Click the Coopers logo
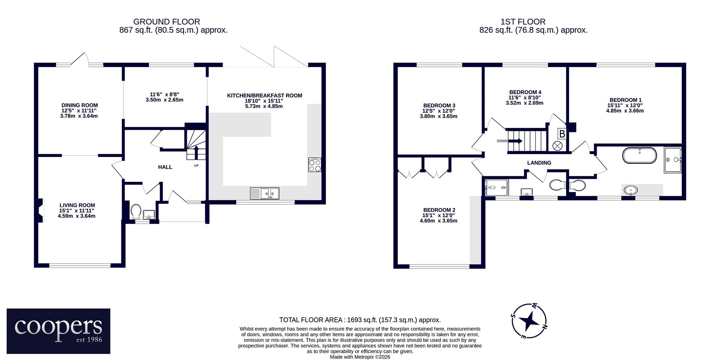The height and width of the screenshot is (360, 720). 58,331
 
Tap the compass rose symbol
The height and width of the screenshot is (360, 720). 529,321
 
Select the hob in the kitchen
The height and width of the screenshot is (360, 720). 315,165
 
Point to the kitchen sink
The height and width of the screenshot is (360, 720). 264,193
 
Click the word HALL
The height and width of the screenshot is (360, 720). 165,167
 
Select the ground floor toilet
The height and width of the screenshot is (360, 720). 135,211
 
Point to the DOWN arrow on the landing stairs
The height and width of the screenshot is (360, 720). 515,141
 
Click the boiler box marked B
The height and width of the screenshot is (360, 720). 562,133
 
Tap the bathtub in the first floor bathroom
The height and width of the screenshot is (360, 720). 640,155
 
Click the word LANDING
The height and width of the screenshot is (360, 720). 539,163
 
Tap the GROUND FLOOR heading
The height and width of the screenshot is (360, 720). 166,22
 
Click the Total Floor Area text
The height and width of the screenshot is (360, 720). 360,320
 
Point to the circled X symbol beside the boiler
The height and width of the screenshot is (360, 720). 558,145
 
